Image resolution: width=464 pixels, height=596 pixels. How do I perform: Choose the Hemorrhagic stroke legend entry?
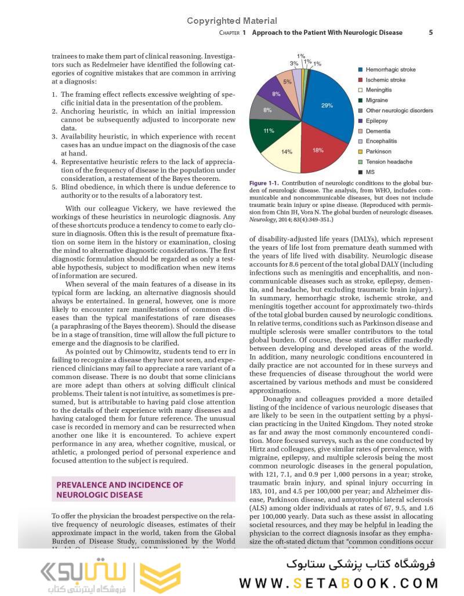[390, 70]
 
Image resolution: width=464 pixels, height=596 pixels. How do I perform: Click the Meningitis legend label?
[379, 90]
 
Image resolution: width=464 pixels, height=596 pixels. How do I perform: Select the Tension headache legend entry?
[389, 162]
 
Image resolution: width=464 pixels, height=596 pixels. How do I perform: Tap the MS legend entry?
[370, 172]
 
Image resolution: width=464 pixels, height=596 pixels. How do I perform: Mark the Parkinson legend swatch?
[361, 152]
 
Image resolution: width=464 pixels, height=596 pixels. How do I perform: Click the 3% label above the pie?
[294, 64]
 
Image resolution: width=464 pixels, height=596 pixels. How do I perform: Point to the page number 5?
[431, 32]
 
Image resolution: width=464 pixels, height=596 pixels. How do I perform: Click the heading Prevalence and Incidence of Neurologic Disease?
[119, 490]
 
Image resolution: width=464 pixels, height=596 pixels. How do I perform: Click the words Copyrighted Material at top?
[231, 21]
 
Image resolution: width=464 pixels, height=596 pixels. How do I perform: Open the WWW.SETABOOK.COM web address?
[338, 583]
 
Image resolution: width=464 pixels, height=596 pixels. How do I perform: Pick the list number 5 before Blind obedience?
[55, 187]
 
